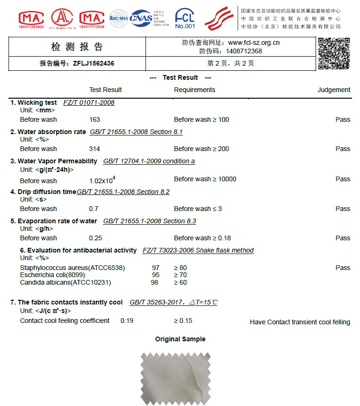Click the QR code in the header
tap(334, 53)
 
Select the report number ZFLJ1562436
tap(94, 63)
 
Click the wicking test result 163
tap(94, 119)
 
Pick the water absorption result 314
tap(94, 149)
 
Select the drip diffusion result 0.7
tap(94, 209)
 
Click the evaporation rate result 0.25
tap(95, 238)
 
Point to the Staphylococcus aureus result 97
tap(155, 268)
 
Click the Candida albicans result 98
tap(154, 282)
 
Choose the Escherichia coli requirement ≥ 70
tap(180, 275)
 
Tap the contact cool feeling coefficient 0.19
tap(127, 321)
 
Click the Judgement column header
tap(334, 90)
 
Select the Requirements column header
tap(194, 90)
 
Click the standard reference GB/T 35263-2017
tap(156, 302)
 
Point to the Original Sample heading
tap(180, 339)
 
